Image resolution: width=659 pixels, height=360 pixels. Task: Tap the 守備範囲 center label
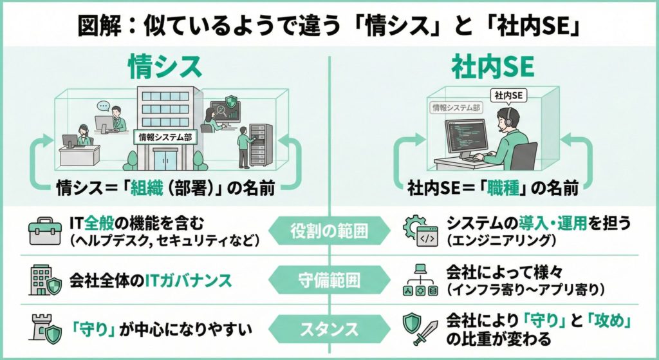330,280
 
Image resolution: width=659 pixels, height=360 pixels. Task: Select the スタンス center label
330,329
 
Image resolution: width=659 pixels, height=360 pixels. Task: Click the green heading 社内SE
494,66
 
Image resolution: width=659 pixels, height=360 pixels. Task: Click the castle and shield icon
45,330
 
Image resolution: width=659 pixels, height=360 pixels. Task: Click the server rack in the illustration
261,145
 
